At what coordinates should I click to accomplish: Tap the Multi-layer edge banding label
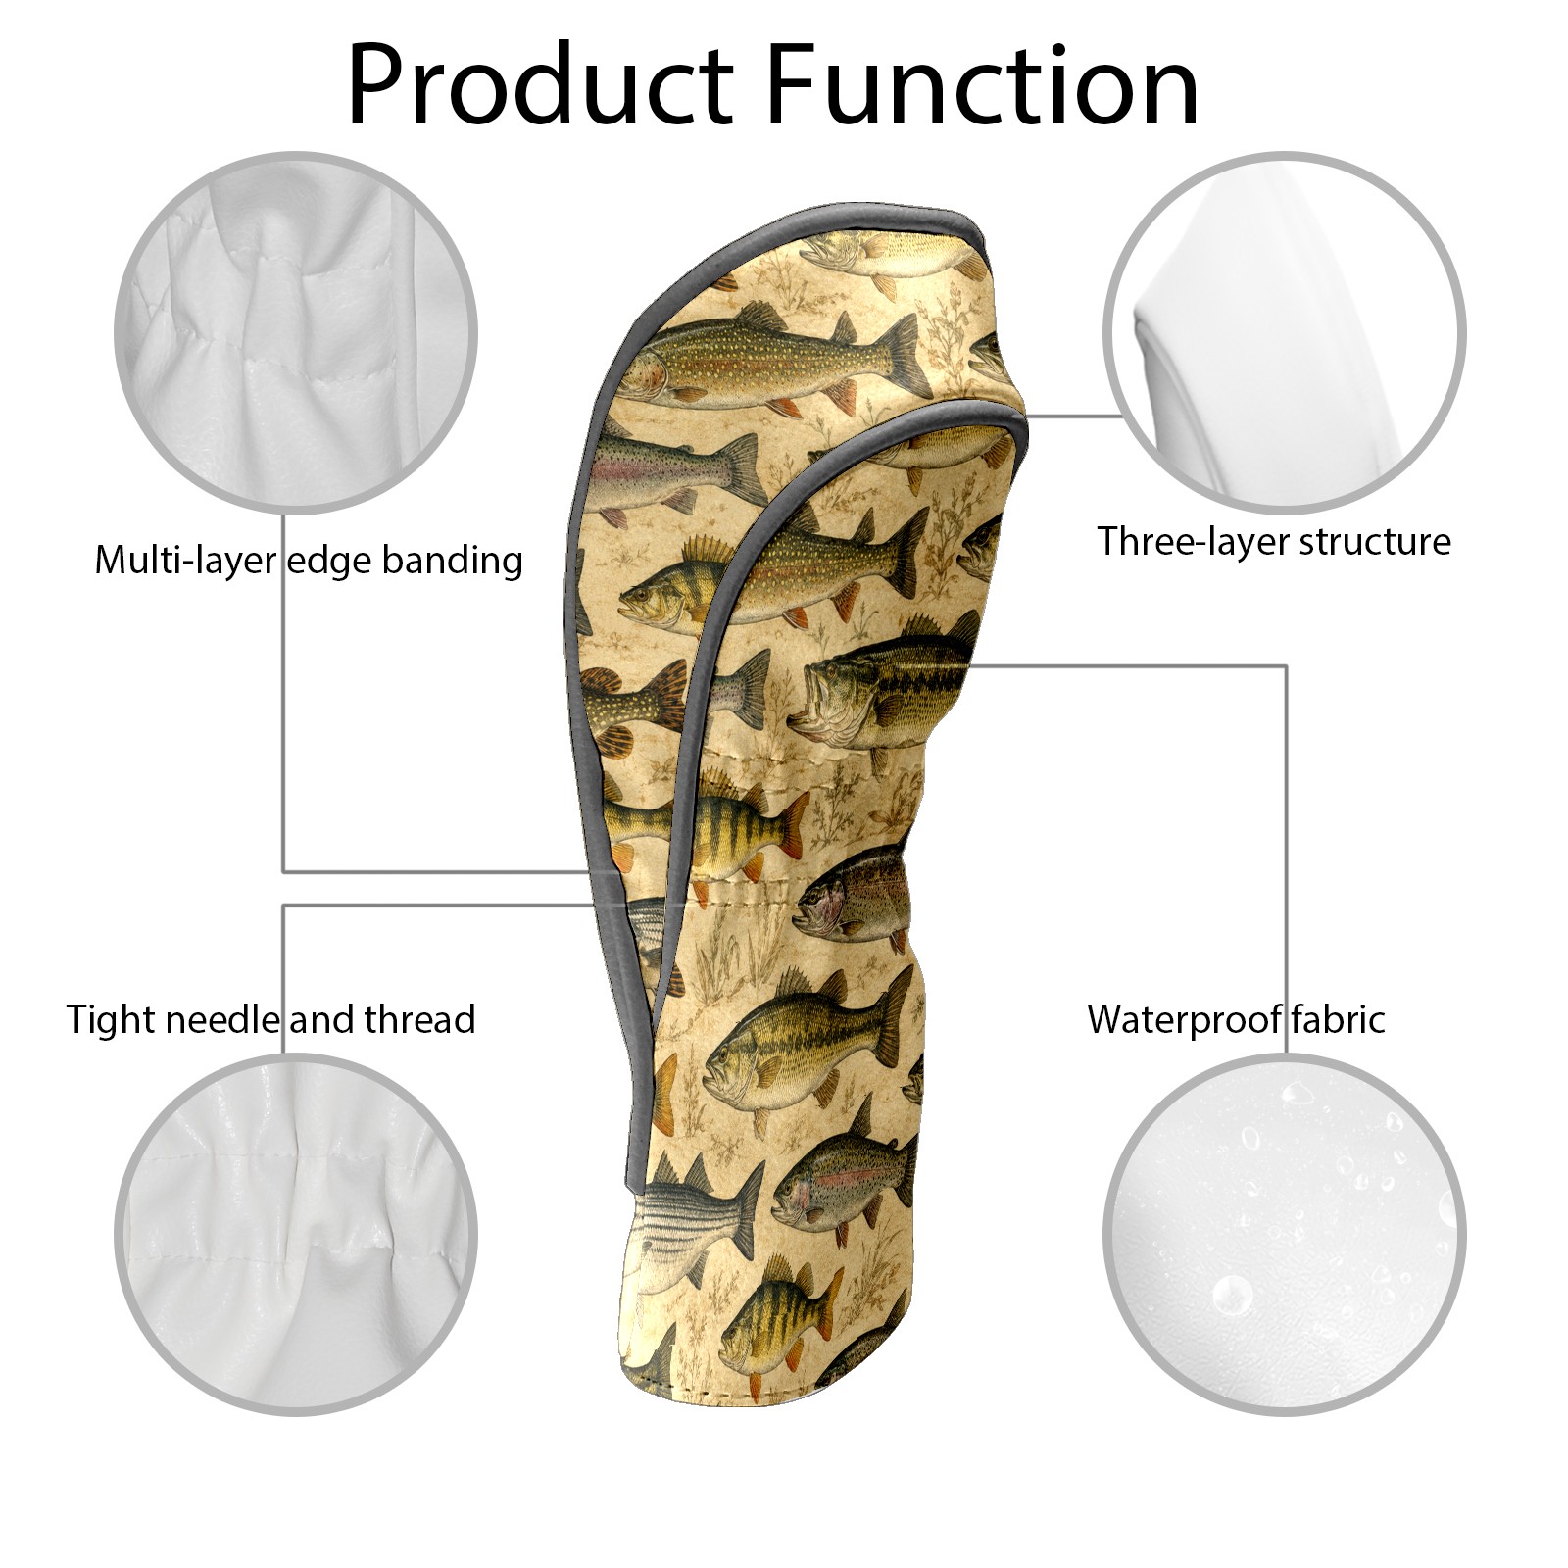309,561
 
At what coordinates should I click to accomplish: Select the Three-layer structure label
1273,541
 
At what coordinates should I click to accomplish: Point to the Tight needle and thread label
270,1019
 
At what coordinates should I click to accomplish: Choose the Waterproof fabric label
1236,1019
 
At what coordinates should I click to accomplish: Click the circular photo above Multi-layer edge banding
296,332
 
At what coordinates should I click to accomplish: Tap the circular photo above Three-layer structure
1284,332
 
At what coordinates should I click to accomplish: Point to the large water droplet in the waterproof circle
1232,1296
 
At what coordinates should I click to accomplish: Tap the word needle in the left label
221,1019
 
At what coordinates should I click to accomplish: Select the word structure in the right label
1376,542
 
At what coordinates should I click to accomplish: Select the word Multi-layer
185,561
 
